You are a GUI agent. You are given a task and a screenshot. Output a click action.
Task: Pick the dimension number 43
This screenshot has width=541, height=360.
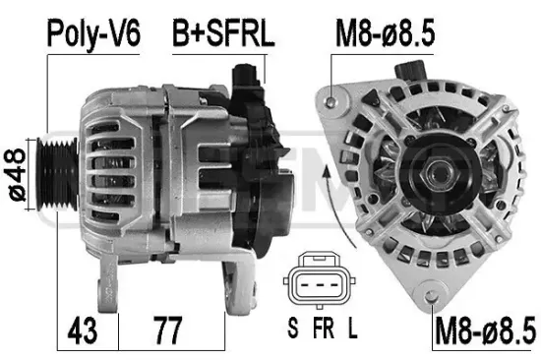tap(82, 331)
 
